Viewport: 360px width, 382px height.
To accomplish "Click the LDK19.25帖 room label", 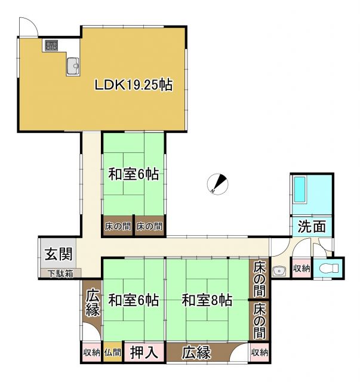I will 134,85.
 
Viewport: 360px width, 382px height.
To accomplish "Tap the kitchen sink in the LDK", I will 73,65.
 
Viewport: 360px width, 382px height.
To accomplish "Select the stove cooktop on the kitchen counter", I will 51,46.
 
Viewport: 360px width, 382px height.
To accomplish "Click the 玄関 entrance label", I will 59,254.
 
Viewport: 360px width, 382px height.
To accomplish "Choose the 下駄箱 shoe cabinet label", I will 61,274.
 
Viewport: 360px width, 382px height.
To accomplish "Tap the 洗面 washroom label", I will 312,226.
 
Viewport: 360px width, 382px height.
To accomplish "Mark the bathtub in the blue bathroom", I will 300,190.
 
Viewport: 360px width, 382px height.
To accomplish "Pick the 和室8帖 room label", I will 207,300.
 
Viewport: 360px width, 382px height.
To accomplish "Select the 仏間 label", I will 112,353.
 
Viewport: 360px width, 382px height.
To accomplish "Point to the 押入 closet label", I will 144,352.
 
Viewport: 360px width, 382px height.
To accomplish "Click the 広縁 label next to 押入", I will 197,352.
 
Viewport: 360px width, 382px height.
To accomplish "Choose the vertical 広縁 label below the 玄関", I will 92,302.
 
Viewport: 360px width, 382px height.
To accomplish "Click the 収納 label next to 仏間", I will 91,353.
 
